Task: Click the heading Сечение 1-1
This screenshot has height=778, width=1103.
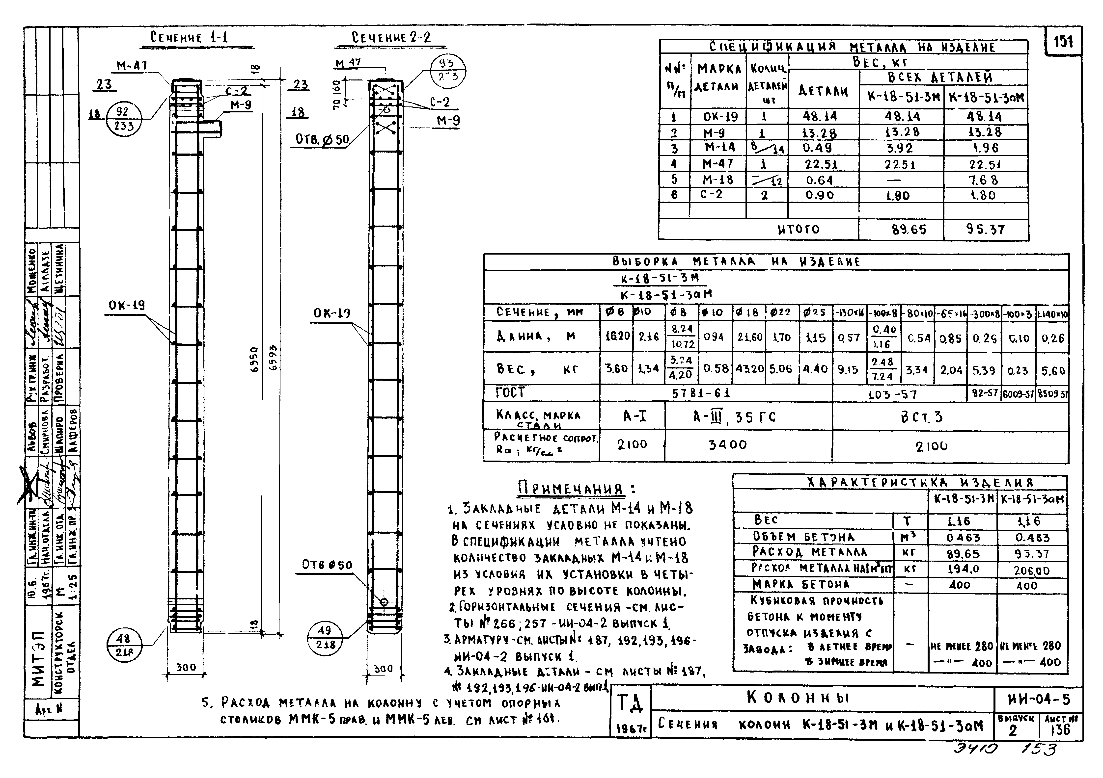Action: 189,37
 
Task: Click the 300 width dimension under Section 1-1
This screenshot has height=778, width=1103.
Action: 186,667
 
